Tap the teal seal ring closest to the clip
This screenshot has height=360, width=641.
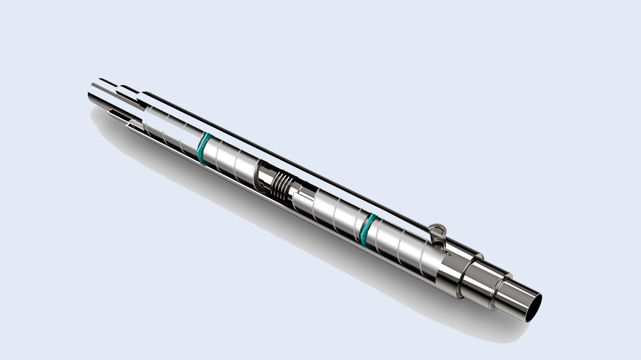point(369,229)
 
